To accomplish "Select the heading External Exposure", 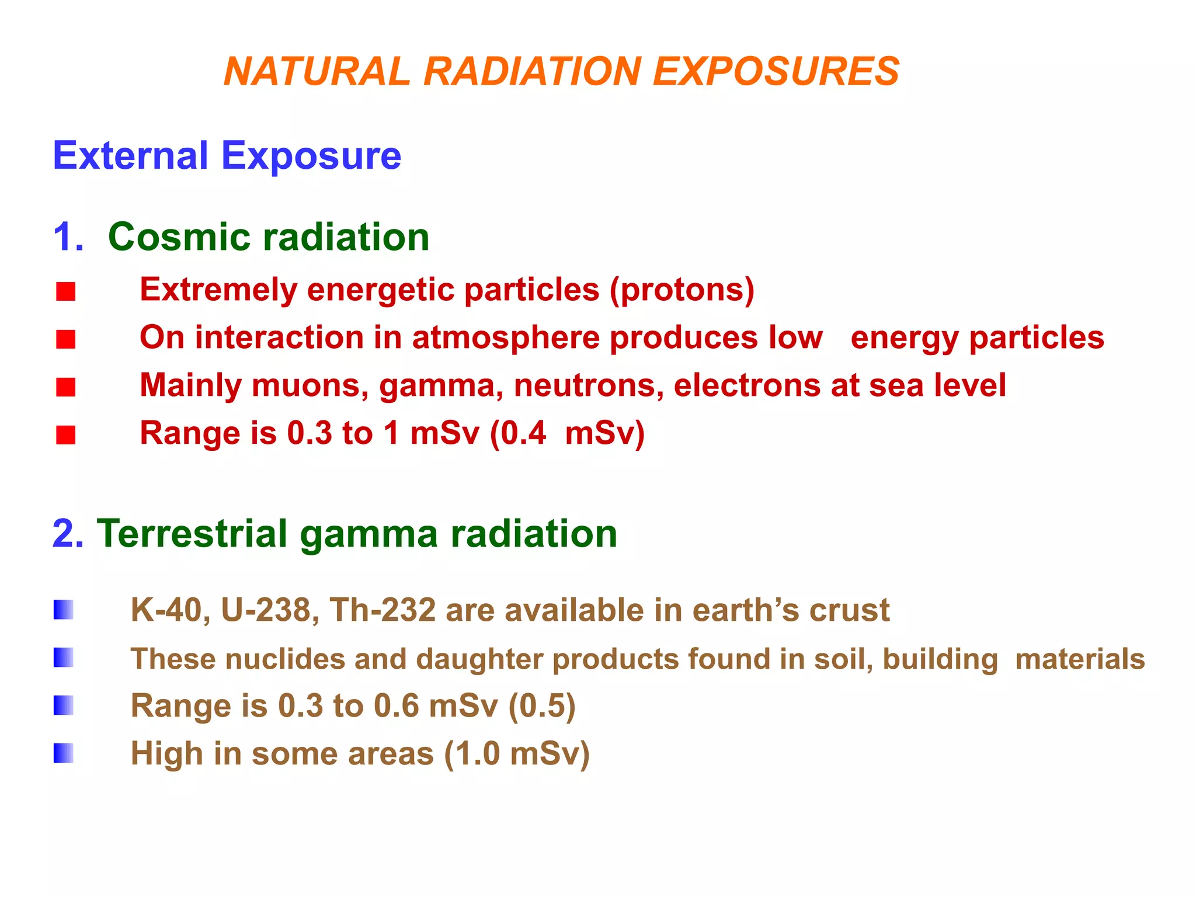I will click(x=227, y=156).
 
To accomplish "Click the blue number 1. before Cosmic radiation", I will click(x=68, y=237).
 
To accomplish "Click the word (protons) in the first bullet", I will click(x=682, y=290).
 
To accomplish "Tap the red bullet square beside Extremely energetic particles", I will click(x=66, y=291).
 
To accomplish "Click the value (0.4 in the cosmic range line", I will click(x=518, y=433).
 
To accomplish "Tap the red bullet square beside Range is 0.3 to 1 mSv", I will click(x=66, y=435).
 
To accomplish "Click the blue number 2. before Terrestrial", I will click(x=68, y=534).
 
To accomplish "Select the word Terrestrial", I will click(x=192, y=534).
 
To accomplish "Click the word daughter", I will click(x=479, y=659).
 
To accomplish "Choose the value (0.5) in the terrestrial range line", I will click(x=542, y=706).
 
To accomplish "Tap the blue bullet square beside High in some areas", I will click(x=64, y=753).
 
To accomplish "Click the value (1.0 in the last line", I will click(x=472, y=754).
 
